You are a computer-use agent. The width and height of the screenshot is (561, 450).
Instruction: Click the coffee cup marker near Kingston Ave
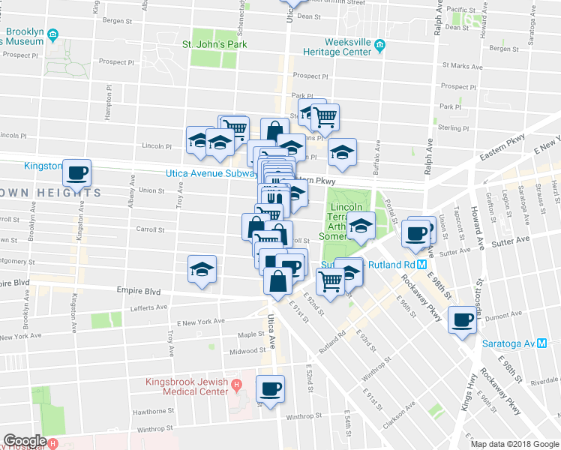pyautogui.click(x=76, y=174)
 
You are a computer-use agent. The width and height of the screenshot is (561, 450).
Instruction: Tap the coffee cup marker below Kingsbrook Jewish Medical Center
pyautogui.click(x=270, y=389)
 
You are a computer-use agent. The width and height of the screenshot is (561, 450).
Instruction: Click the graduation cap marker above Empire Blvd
pyautogui.click(x=201, y=269)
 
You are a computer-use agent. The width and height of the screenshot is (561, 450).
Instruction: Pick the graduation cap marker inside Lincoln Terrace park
pyautogui.click(x=361, y=226)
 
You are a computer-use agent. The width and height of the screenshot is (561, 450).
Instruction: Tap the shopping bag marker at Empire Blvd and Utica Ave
pyautogui.click(x=277, y=283)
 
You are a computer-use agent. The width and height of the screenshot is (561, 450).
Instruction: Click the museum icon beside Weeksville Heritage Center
pyautogui.click(x=379, y=46)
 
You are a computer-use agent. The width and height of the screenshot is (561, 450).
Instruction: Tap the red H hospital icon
pyautogui.click(x=237, y=386)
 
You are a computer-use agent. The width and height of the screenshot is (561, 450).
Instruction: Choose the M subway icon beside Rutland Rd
pyautogui.click(x=422, y=265)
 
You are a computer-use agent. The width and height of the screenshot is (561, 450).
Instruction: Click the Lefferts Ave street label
pyautogui.click(x=148, y=307)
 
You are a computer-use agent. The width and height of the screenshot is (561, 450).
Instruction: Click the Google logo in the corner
pyautogui.click(x=25, y=441)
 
